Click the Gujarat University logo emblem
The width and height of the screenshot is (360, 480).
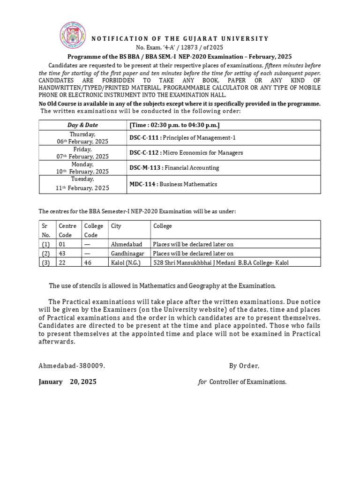(73, 37)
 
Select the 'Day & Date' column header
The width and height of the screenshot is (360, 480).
(82, 125)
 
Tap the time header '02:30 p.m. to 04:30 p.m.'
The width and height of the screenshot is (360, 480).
(175, 125)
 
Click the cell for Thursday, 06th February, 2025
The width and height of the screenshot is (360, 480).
(82, 138)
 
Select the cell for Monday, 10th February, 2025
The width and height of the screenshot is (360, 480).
(82, 168)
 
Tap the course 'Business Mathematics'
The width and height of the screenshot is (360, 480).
(188, 184)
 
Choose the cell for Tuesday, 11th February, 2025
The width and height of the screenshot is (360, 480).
(82, 184)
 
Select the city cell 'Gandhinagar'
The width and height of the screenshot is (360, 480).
(127, 254)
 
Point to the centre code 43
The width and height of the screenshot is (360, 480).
(62, 254)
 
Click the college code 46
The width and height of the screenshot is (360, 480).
(88, 263)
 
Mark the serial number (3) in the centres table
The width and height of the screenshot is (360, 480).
(45, 263)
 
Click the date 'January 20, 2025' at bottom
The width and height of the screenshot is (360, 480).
(67, 382)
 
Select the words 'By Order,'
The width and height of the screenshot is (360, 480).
(244, 366)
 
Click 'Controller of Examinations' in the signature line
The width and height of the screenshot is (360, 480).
(247, 382)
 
